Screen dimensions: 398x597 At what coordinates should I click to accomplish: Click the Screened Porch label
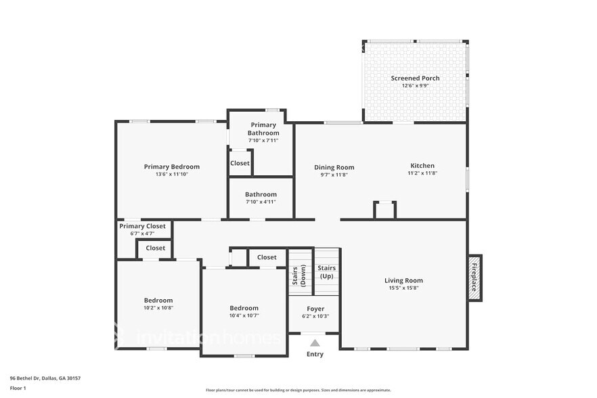(415, 79)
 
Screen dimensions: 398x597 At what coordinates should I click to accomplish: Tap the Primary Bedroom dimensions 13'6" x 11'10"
(171, 174)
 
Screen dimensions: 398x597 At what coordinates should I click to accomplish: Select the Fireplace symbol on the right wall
(474, 276)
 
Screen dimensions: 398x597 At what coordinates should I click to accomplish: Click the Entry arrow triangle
(315, 343)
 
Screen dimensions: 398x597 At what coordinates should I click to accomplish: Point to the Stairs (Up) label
(327, 272)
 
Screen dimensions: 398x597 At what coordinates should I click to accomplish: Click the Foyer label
(315, 309)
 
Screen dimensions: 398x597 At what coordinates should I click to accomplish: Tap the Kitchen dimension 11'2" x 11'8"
(422, 173)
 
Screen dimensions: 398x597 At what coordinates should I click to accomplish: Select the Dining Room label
(334, 167)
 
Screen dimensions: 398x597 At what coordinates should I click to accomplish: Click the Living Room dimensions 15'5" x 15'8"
(403, 288)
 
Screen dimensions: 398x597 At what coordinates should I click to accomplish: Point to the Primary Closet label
(142, 226)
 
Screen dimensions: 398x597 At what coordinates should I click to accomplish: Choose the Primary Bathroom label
(263, 129)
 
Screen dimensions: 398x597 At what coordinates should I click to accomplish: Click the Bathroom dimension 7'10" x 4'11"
(261, 201)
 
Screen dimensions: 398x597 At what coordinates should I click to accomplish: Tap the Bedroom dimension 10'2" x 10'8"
(158, 308)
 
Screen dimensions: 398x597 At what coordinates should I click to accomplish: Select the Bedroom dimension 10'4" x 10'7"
(244, 315)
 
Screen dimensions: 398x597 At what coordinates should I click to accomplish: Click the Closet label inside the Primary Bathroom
(240, 163)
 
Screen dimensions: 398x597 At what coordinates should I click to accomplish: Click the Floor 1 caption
(18, 388)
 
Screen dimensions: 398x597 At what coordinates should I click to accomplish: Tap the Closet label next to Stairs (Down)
(267, 257)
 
